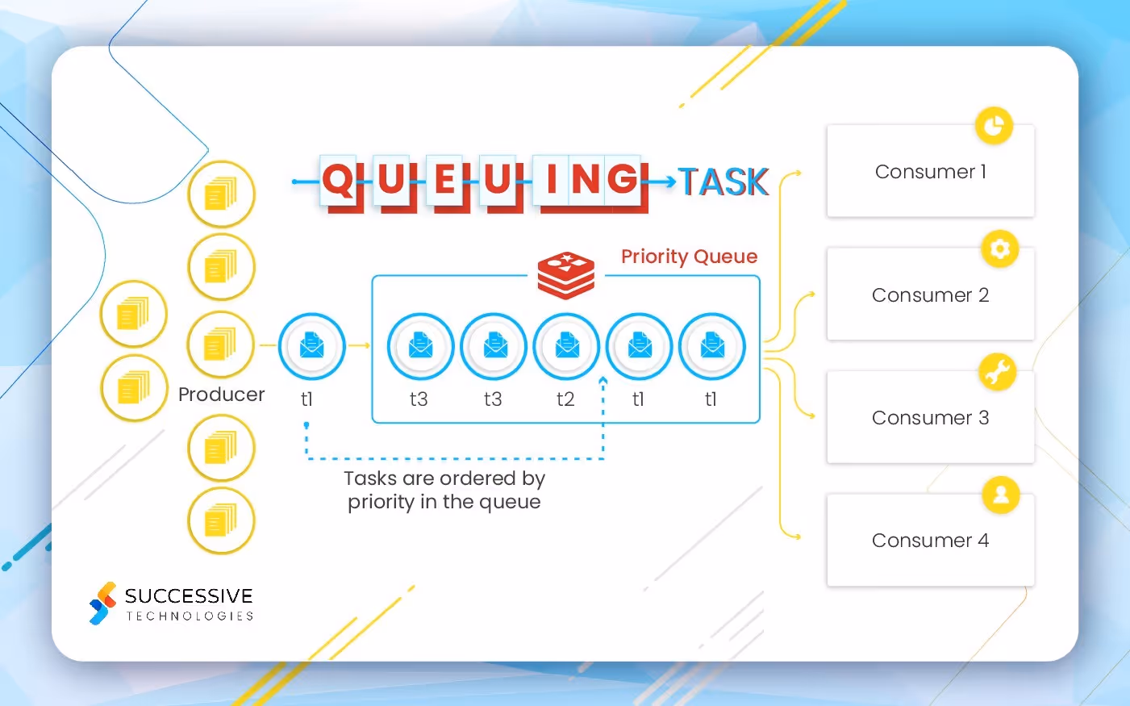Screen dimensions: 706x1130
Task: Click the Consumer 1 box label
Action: pos(930,172)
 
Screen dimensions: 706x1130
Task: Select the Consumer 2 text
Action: pos(930,295)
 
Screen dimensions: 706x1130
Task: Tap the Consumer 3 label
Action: pos(930,418)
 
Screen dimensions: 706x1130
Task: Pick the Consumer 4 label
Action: pos(930,541)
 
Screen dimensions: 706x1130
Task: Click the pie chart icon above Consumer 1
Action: pos(994,126)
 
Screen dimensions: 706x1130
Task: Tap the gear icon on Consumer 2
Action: pos(999,249)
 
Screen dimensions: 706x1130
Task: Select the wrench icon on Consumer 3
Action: pos(998,372)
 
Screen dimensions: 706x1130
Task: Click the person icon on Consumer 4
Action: pos(1001,495)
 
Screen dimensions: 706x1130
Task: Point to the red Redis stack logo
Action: pos(566,274)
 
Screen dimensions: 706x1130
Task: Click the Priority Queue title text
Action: pos(689,257)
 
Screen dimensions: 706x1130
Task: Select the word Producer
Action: pos(221,395)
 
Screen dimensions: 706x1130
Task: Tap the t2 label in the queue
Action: pos(565,399)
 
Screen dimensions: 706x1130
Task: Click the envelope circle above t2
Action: pos(566,346)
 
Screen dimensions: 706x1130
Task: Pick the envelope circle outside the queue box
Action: pos(311,346)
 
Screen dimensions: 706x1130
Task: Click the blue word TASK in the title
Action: pos(723,182)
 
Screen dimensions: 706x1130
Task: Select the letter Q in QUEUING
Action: pos(338,179)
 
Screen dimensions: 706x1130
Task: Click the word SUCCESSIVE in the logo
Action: pos(189,596)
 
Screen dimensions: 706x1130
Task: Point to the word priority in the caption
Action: pos(380,502)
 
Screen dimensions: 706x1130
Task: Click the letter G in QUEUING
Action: pos(623,179)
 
